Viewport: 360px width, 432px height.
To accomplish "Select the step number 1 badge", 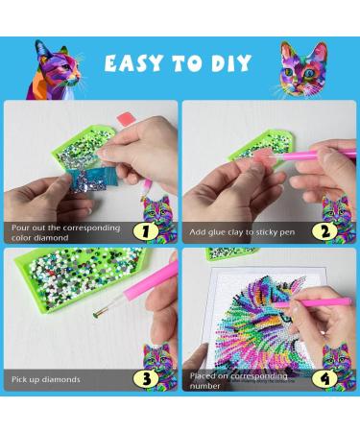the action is click(x=146, y=231).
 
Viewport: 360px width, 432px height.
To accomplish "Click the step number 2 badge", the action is click(x=324, y=231).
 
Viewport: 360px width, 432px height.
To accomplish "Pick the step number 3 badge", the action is click(x=146, y=379).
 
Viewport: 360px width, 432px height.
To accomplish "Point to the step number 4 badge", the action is click(x=324, y=379).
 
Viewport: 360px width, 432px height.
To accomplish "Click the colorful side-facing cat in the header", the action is click(x=54, y=70).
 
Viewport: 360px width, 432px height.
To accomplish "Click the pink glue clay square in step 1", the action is click(x=126, y=119).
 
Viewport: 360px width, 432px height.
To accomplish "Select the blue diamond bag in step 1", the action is click(x=91, y=179).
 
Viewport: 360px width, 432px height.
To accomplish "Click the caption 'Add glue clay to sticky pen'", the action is click(x=242, y=232).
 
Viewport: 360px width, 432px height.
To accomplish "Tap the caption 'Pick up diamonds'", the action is click(x=46, y=379).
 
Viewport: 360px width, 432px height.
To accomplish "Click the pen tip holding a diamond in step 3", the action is click(x=96, y=315).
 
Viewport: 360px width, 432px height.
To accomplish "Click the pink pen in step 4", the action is click(x=314, y=302).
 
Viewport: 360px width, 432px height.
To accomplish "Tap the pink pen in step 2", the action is click(x=310, y=155).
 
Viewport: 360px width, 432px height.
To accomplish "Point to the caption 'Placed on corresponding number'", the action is click(x=238, y=380).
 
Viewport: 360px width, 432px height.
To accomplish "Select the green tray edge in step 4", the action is click(x=231, y=252).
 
